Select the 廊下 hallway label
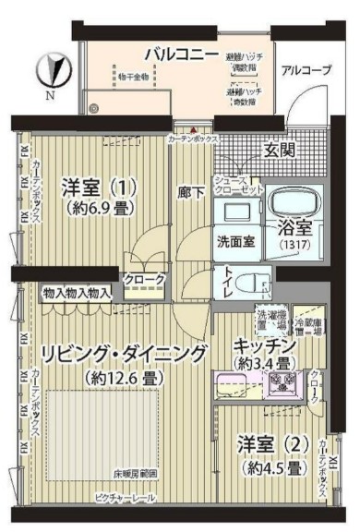tap(190, 193)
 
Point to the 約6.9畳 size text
tap(102, 209)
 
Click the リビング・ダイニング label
tap(123, 353)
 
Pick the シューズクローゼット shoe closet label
tap(241, 184)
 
